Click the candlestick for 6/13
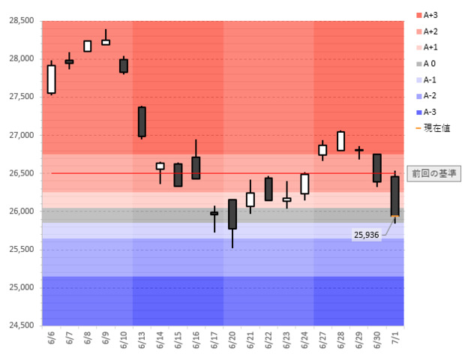[142, 121]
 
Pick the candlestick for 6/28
[340, 141]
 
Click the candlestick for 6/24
[304, 184]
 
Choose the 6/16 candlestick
[196, 168]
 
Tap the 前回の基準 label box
[434, 173]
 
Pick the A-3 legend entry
[430, 112]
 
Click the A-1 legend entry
[430, 79]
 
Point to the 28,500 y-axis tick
[21, 21]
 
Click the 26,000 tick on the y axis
[21, 211]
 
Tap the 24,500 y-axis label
[21, 325]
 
